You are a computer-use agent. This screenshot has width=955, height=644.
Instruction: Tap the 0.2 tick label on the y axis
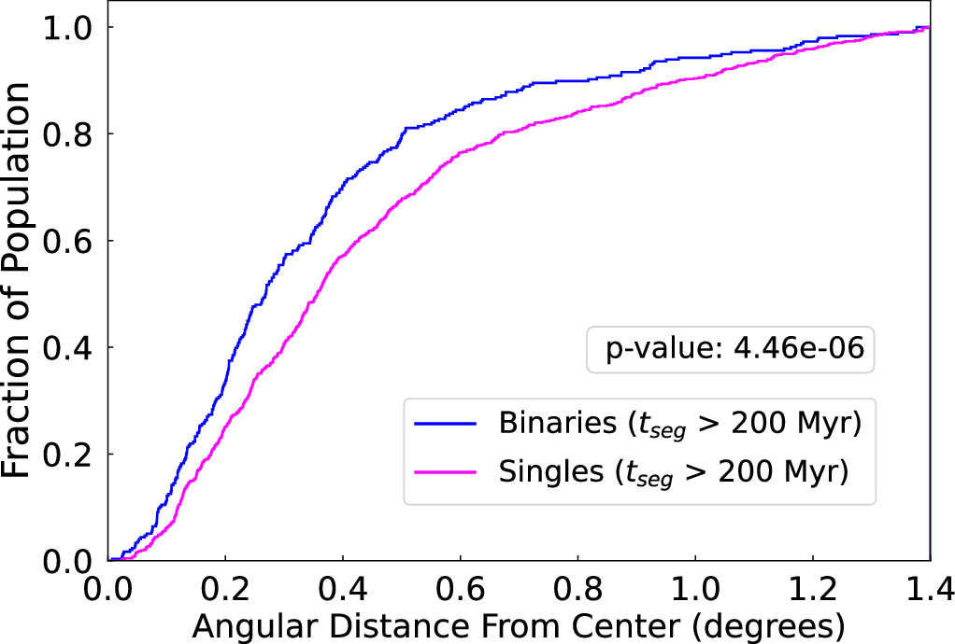click(72, 455)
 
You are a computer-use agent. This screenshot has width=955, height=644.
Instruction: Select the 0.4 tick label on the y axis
click(72, 348)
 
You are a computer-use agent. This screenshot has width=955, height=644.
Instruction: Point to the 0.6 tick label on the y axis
click(72, 241)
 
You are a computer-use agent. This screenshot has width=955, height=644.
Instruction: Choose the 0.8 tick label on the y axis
click(72, 134)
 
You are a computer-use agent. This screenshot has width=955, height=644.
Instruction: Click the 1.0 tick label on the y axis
click(72, 28)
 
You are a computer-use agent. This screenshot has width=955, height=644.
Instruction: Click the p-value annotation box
click(730, 351)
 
